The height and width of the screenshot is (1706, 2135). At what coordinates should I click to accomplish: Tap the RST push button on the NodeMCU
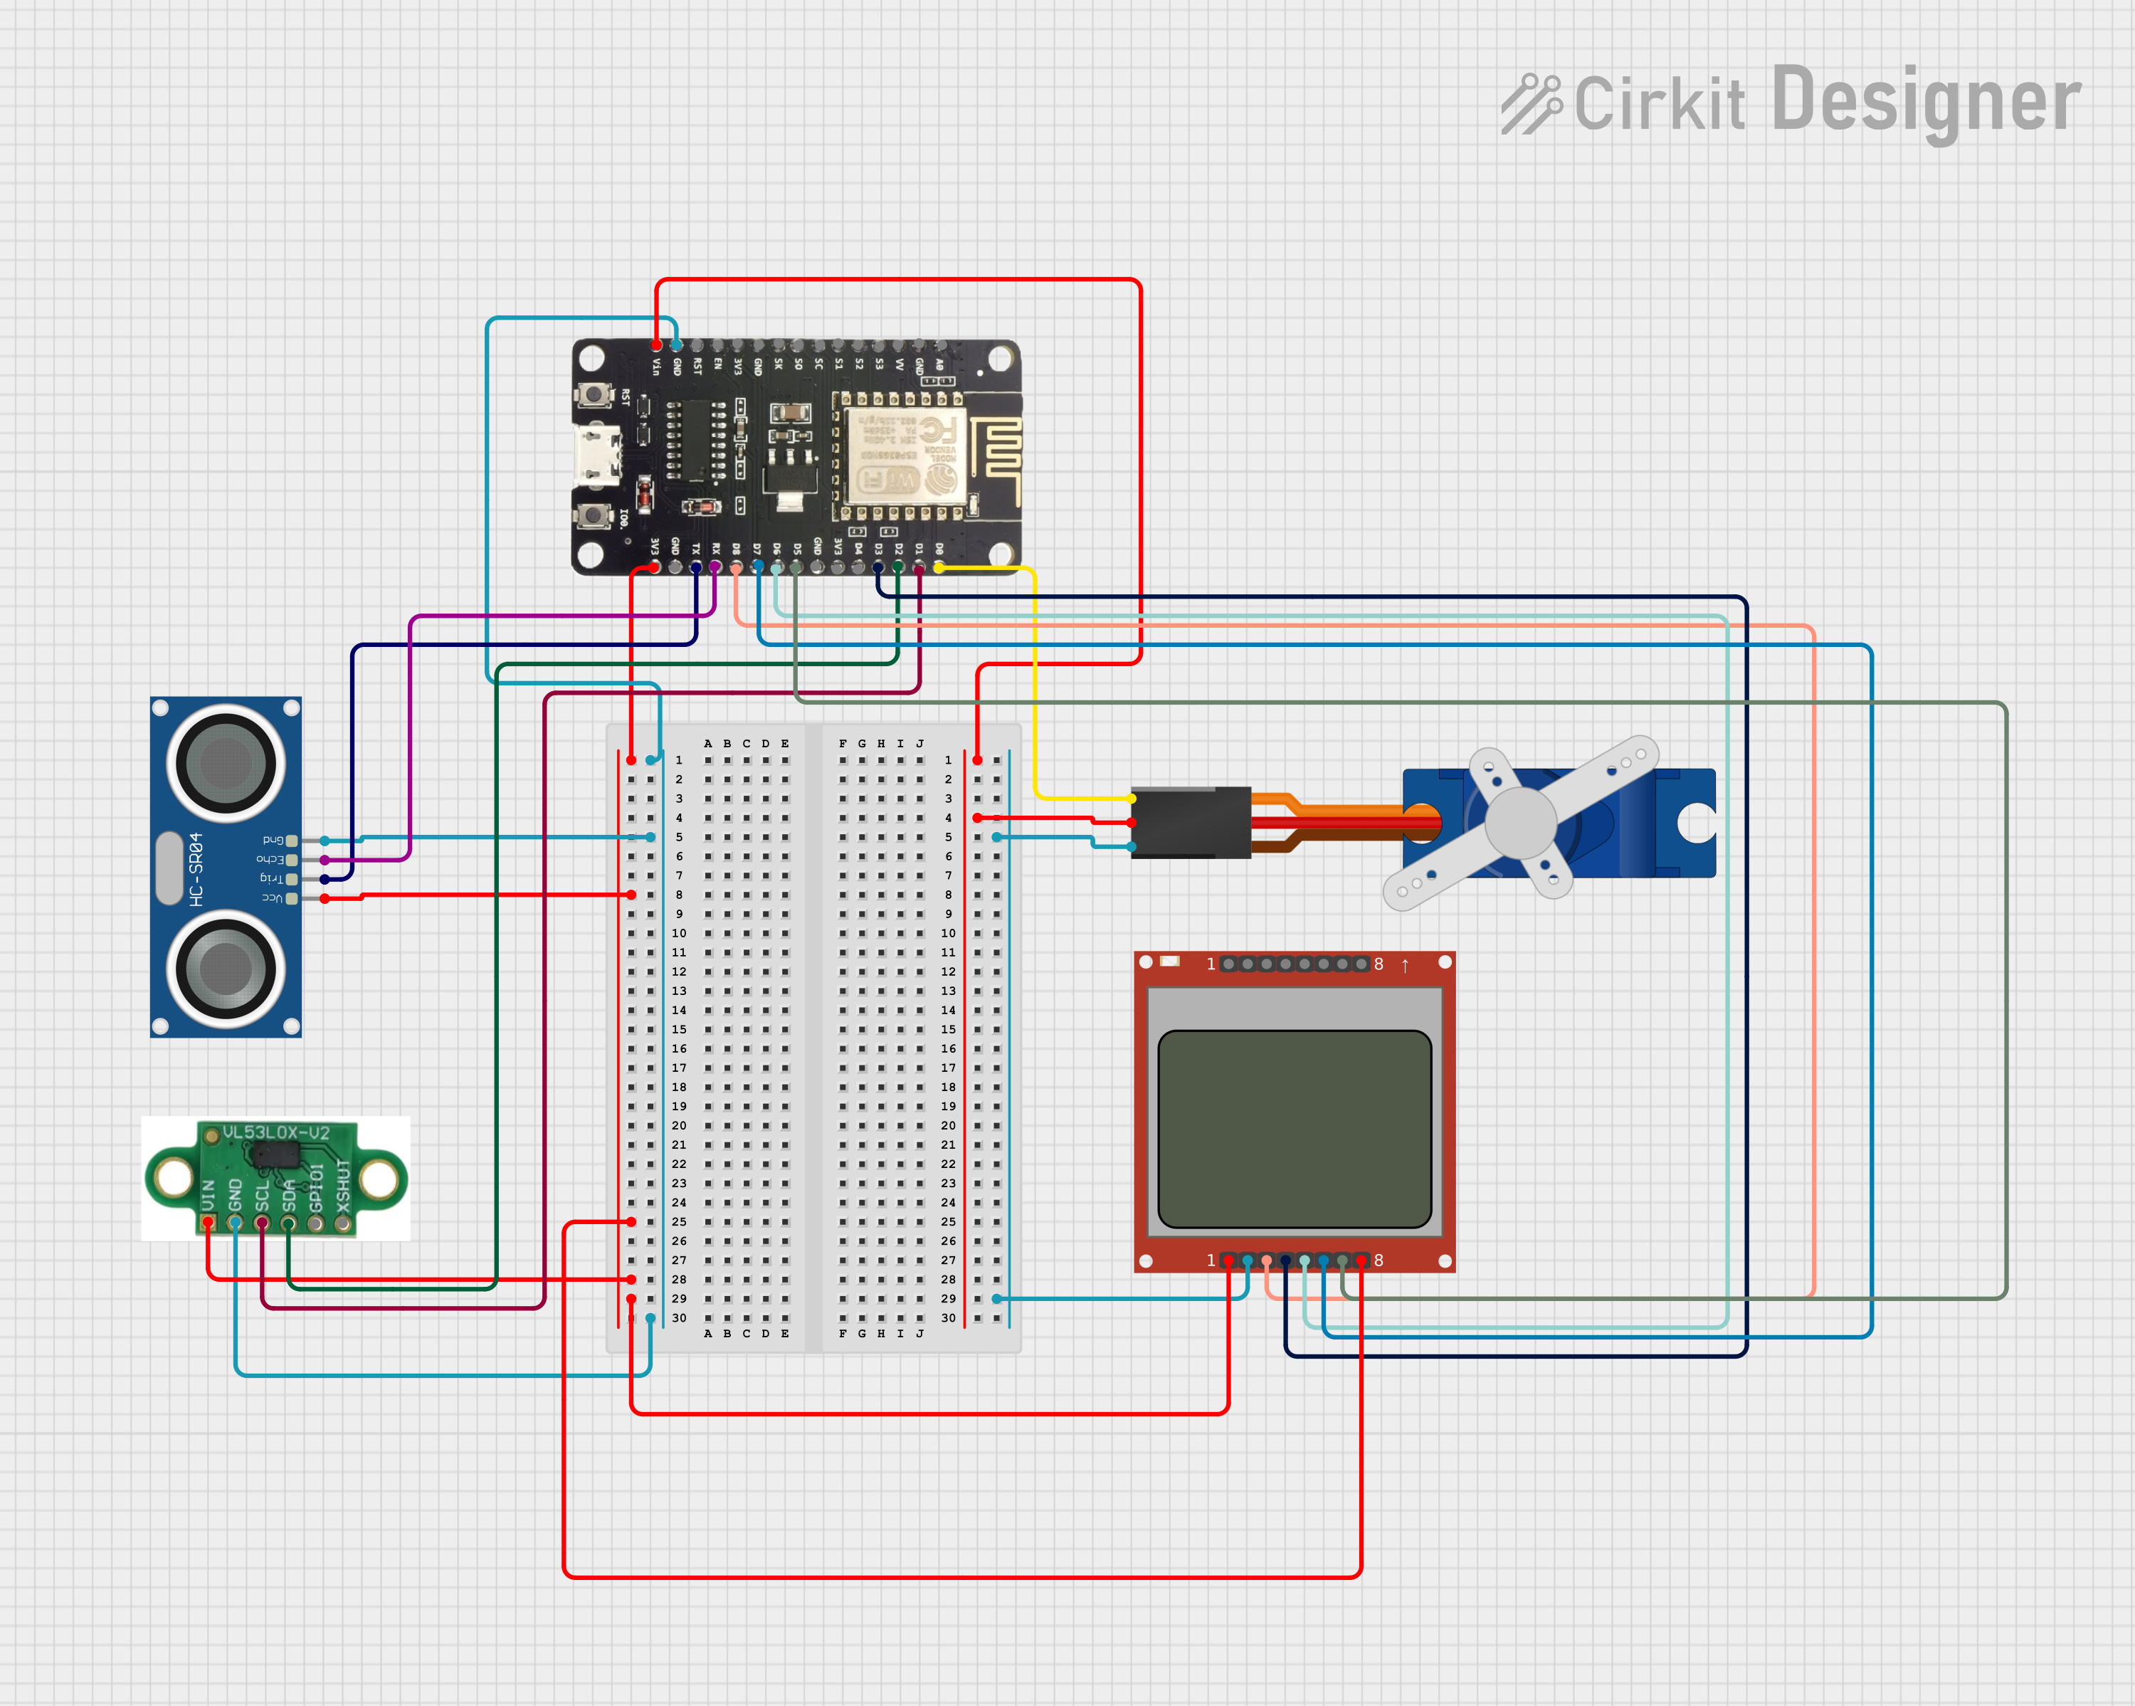pos(593,395)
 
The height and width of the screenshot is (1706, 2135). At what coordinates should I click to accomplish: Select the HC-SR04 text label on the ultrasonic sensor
pos(196,868)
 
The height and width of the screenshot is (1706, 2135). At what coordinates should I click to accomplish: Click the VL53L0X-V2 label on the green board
pos(275,1132)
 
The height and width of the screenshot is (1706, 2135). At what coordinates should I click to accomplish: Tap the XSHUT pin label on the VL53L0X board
pos(342,1186)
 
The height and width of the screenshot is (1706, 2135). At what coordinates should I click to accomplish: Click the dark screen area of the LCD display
pos(1295,1129)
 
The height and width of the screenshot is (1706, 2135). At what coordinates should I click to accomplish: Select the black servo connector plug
pos(1191,822)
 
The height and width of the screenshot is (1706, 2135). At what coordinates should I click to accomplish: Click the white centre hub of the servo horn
pos(1520,822)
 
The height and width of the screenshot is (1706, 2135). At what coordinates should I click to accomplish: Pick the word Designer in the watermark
pos(1925,101)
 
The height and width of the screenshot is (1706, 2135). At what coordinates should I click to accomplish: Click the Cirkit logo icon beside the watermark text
pos(1530,103)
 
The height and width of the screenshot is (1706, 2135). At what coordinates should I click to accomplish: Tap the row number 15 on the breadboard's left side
pos(680,1030)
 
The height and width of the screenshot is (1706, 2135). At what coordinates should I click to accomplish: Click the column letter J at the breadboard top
pos(920,744)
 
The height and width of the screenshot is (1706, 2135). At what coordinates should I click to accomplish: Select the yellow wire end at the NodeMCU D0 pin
pos(939,567)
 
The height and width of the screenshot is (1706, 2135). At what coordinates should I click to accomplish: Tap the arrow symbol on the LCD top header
pos(1404,964)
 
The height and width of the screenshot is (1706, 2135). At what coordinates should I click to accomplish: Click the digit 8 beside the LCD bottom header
pos(1378,1260)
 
